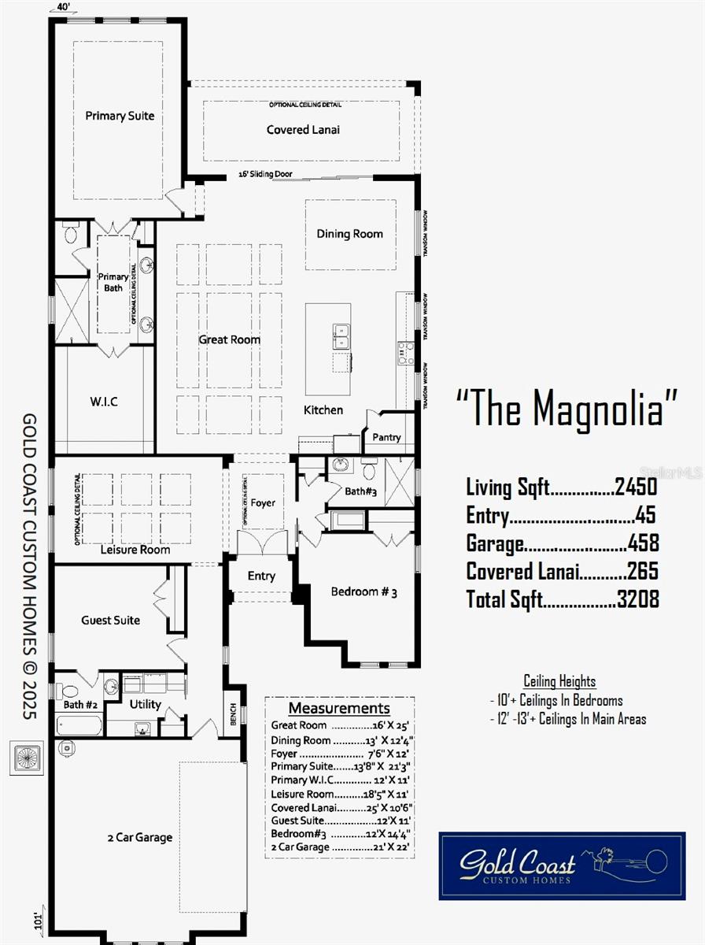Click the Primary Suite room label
pos(120,116)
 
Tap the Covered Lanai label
pos(303,129)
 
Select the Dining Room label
pos(349,233)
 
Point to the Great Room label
pos(229,339)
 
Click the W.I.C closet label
pos(103,402)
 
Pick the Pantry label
pos(386,437)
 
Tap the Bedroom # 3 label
pos(364,591)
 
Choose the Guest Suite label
pos(110,621)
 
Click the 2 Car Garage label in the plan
pos(139,837)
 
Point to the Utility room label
pos(146,704)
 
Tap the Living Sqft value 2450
pos(636,487)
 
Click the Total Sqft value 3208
pos(637,598)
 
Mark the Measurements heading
pos(338,708)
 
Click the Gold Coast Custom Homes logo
pos(562,865)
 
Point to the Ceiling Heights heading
pos(559,681)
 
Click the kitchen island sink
pos(341,335)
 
